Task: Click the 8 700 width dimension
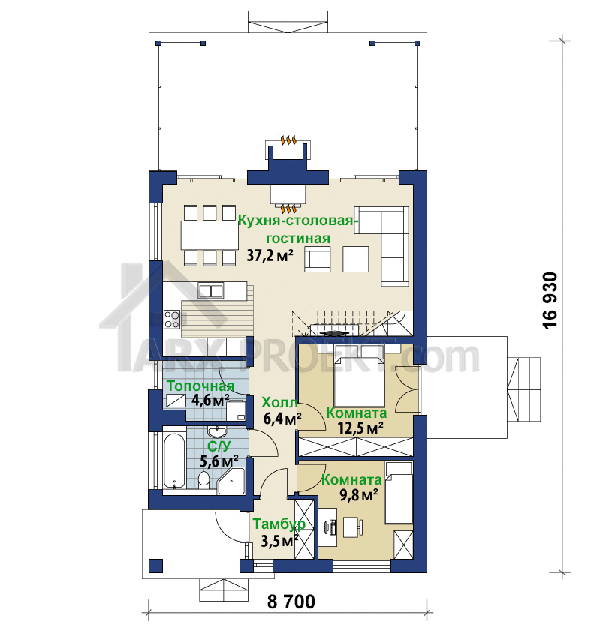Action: point(291,602)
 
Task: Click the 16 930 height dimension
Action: point(550,300)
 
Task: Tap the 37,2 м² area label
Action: point(270,256)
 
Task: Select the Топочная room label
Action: point(201,386)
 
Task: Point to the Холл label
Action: point(279,402)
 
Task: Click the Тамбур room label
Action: point(279,524)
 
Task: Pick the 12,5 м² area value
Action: point(360,428)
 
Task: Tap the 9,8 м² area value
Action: point(359,495)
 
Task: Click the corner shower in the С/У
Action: point(231,481)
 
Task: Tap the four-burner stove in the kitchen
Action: point(172,320)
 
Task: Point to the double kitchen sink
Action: point(211,290)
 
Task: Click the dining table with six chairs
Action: point(210,236)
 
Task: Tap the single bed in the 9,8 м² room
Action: point(398,493)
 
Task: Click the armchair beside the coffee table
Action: point(318,259)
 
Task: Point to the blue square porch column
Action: point(155,566)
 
